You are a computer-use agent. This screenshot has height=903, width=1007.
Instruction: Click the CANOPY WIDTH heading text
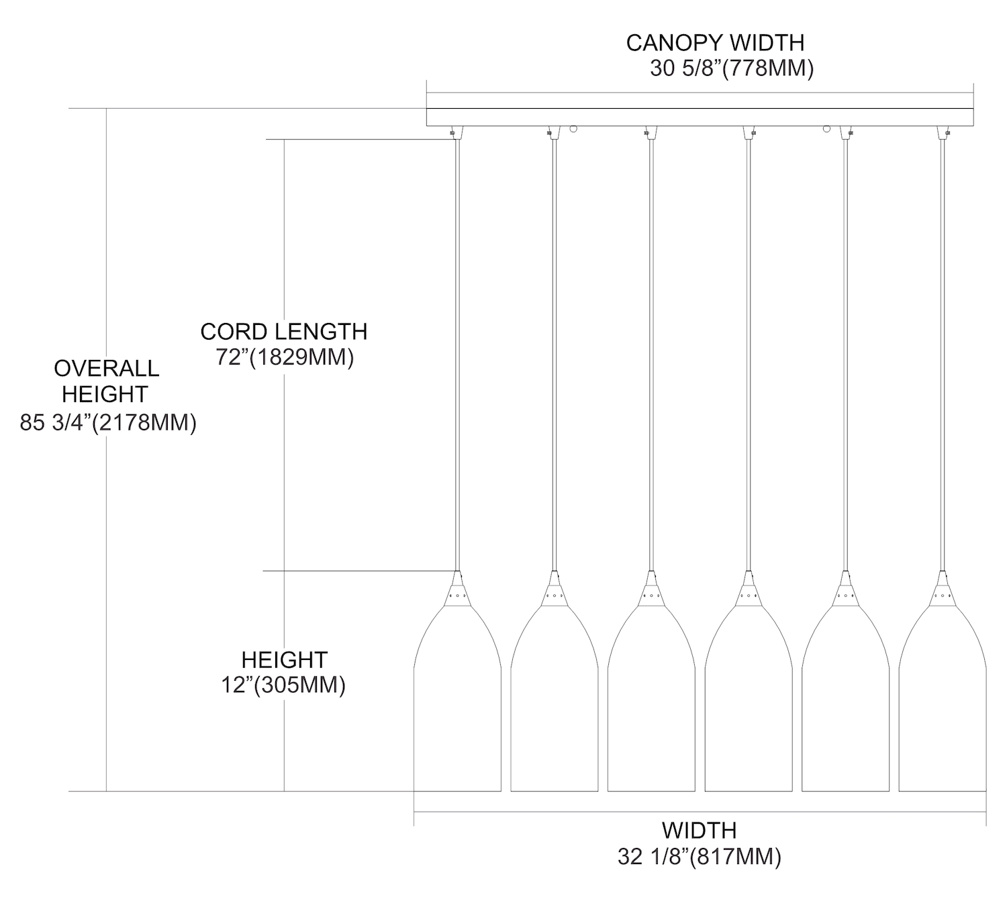(x=715, y=42)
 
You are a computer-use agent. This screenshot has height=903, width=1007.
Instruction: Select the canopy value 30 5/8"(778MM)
(x=732, y=68)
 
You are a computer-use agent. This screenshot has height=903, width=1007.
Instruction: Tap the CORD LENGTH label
(x=283, y=331)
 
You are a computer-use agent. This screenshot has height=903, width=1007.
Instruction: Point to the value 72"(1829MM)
(x=285, y=357)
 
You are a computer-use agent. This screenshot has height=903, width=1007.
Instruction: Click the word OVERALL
(x=107, y=368)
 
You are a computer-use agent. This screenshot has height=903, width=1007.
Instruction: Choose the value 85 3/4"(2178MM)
(x=108, y=423)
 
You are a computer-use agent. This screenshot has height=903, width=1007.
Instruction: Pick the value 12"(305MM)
(x=283, y=685)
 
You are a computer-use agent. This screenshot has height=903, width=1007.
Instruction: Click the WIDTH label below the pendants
(x=700, y=830)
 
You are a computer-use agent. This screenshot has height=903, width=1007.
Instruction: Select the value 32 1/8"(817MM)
(x=700, y=857)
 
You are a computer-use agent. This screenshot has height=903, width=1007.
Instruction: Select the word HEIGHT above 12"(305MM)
(x=284, y=659)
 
